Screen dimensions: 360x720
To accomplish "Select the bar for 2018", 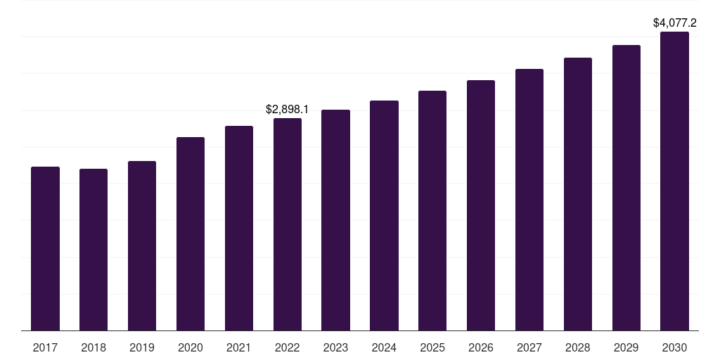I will point(94,250).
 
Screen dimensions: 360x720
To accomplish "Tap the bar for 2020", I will point(191,233).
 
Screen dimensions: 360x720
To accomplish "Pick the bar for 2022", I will point(288,224).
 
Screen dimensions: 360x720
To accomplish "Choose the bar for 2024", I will point(384,215).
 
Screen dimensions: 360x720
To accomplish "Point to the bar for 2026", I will point(481,205).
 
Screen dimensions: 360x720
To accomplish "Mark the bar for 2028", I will point(578,194).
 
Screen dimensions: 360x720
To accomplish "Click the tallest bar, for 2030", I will point(675,181).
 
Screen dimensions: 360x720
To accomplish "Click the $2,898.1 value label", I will point(287,110).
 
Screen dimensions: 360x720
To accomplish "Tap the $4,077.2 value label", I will point(675,23).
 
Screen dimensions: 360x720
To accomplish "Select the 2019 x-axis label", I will point(142,347).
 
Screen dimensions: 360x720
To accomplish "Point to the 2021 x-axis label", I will point(239,347).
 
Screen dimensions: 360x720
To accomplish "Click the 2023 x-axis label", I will point(335,347).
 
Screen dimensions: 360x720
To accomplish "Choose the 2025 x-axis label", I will point(432,347).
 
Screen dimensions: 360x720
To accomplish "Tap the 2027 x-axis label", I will point(529,347).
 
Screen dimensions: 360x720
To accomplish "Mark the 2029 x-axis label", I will point(626,347).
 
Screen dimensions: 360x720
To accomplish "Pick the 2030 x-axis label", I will point(675,347).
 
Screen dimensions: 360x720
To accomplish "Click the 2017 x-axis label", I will point(45,347).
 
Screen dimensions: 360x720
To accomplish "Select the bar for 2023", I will point(335,220).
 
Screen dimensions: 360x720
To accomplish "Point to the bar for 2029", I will point(626,188).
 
